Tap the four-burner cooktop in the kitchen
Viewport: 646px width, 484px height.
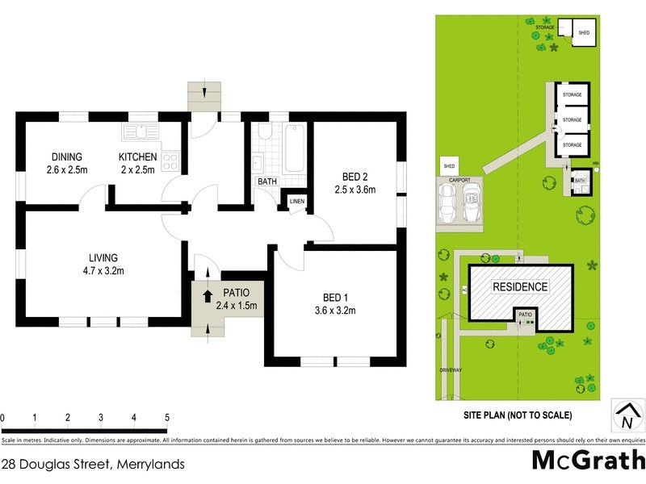click(x=170, y=161)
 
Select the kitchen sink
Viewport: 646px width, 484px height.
click(x=141, y=131)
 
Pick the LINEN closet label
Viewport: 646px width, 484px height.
click(x=296, y=201)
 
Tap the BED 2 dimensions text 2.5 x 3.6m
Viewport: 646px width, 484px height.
click(x=355, y=190)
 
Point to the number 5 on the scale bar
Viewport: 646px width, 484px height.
click(x=166, y=418)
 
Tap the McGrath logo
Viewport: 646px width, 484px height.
click(x=588, y=460)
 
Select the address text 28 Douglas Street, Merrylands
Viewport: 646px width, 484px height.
click(x=94, y=464)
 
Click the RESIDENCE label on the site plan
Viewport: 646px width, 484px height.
click(x=520, y=286)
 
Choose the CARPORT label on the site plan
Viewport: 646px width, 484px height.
click(x=459, y=180)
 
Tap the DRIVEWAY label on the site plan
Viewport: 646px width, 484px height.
click(x=451, y=369)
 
